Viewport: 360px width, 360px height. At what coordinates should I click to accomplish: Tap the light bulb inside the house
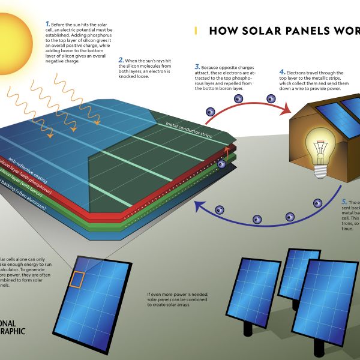(x=321, y=147)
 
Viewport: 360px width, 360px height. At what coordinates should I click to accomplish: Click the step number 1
(x=47, y=23)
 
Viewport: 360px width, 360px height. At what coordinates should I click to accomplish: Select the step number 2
(x=121, y=60)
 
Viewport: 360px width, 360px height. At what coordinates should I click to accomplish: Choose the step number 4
(x=281, y=72)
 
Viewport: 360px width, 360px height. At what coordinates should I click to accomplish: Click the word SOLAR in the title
(x=257, y=31)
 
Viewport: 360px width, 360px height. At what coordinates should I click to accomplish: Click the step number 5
(x=344, y=202)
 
